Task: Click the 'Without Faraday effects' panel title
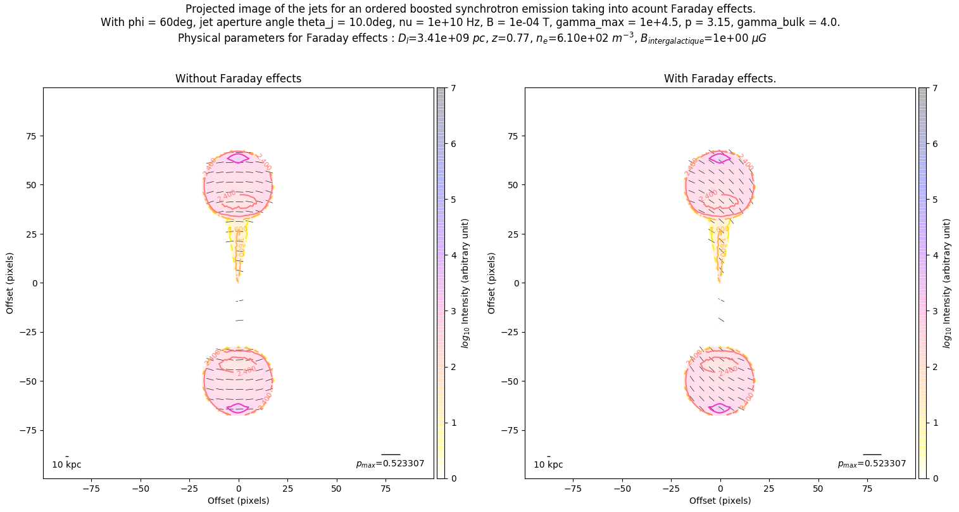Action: (x=238, y=79)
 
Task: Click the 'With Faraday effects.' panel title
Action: (x=720, y=79)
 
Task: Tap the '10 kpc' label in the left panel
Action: (x=66, y=464)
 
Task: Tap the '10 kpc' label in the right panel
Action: (x=548, y=464)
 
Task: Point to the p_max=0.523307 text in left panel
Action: (x=390, y=464)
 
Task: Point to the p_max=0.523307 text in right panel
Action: (x=872, y=464)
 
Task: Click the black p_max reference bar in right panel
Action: (x=872, y=454)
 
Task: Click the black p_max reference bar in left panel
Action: (x=391, y=454)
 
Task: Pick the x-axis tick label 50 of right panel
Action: (x=818, y=489)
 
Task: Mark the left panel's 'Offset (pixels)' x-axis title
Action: (x=238, y=501)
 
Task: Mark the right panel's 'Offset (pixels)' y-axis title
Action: (x=492, y=283)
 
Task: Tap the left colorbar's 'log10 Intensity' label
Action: (x=465, y=283)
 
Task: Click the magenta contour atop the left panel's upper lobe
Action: (x=238, y=158)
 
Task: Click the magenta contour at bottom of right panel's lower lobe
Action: (x=720, y=408)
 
